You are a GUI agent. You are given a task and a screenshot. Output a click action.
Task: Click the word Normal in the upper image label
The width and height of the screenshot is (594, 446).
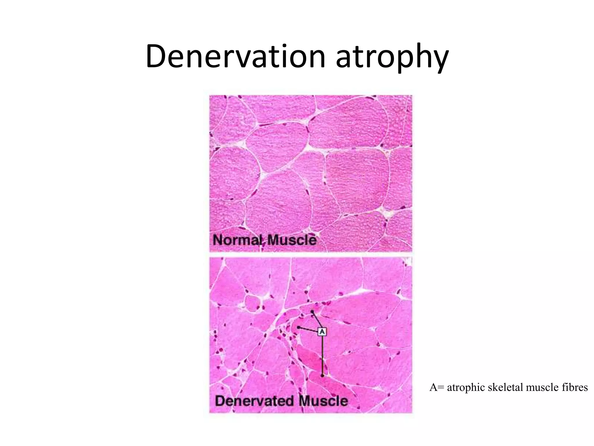237,240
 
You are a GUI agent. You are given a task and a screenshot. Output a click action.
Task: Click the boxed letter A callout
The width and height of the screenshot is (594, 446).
322,331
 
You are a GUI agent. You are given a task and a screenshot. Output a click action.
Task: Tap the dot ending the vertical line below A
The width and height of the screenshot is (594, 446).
322,375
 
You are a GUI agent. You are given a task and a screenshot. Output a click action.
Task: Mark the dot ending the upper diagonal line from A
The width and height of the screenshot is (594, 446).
312,312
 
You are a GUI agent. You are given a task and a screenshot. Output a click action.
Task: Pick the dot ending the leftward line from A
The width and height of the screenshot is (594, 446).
298,327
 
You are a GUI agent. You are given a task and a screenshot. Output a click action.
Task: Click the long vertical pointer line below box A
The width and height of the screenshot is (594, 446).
322,354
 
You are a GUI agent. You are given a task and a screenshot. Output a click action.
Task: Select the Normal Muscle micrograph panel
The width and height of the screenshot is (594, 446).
310,173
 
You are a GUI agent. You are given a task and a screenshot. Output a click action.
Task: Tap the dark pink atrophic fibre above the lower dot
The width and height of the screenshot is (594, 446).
310,360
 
